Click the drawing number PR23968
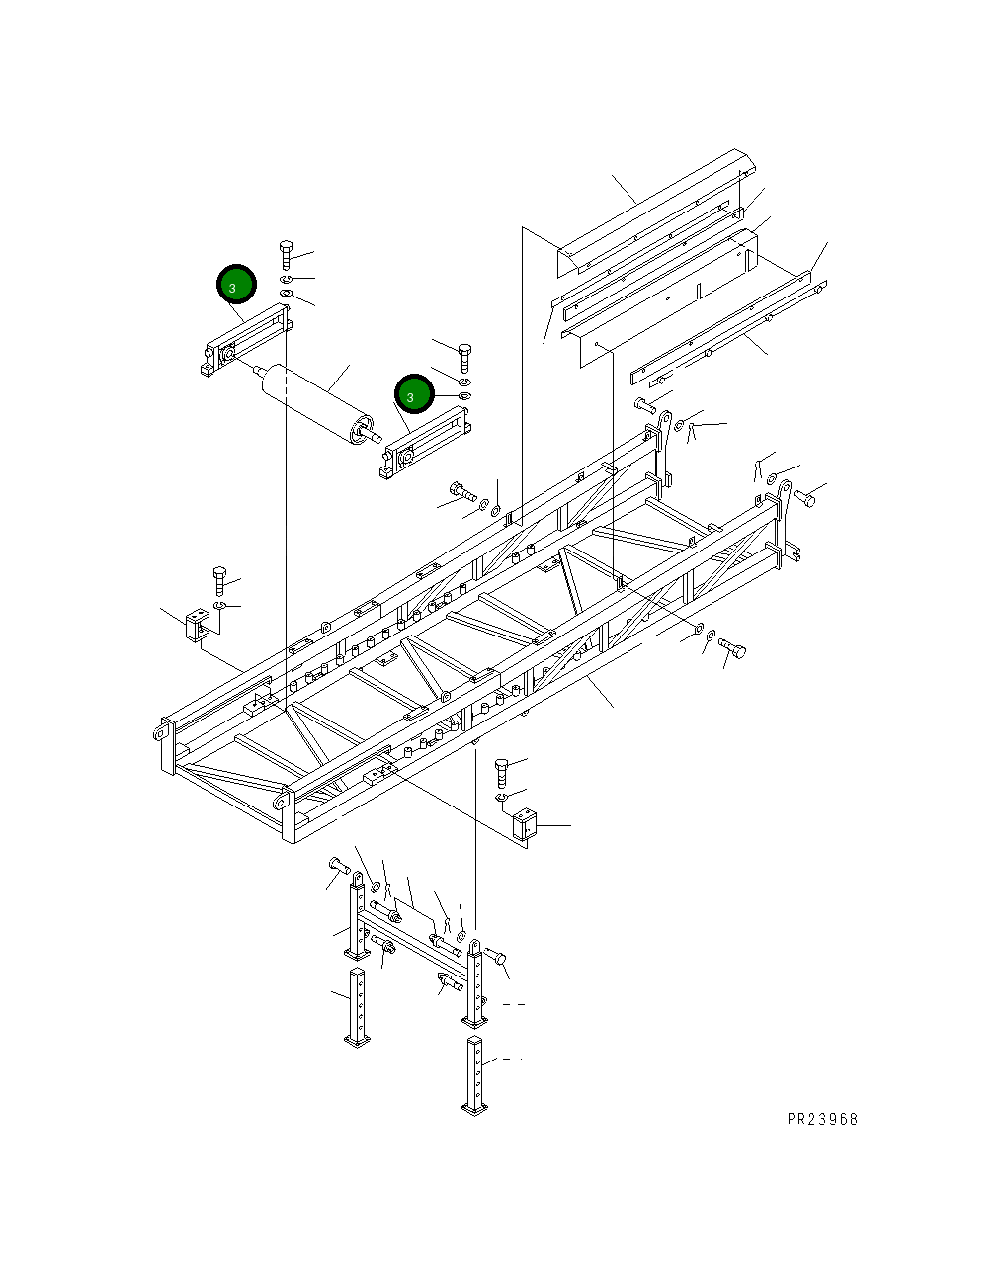(822, 1119)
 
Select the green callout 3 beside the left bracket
(236, 286)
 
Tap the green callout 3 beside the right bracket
(414, 394)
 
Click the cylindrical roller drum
(314, 403)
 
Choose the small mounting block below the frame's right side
(523, 825)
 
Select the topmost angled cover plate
(652, 212)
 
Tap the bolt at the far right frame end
(804, 498)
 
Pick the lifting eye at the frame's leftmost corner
(158, 732)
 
